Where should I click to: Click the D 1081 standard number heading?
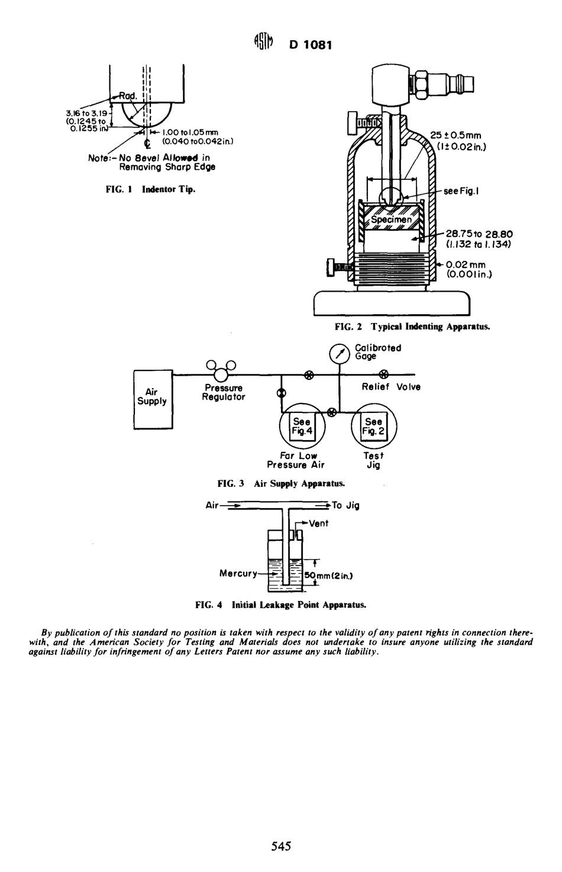[x=311, y=44]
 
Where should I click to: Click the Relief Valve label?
[x=391, y=387]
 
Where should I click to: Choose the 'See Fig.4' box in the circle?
[x=302, y=427]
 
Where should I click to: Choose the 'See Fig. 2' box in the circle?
[x=373, y=427]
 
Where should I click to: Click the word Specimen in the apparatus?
[x=391, y=219]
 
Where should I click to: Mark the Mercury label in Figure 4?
[x=238, y=573]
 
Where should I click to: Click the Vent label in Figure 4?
[x=318, y=524]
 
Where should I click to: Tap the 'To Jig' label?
[x=345, y=505]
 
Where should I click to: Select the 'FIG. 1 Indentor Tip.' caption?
[x=150, y=189]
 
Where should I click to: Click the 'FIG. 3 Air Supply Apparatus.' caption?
[x=281, y=483]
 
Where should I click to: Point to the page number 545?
[x=281, y=847]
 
